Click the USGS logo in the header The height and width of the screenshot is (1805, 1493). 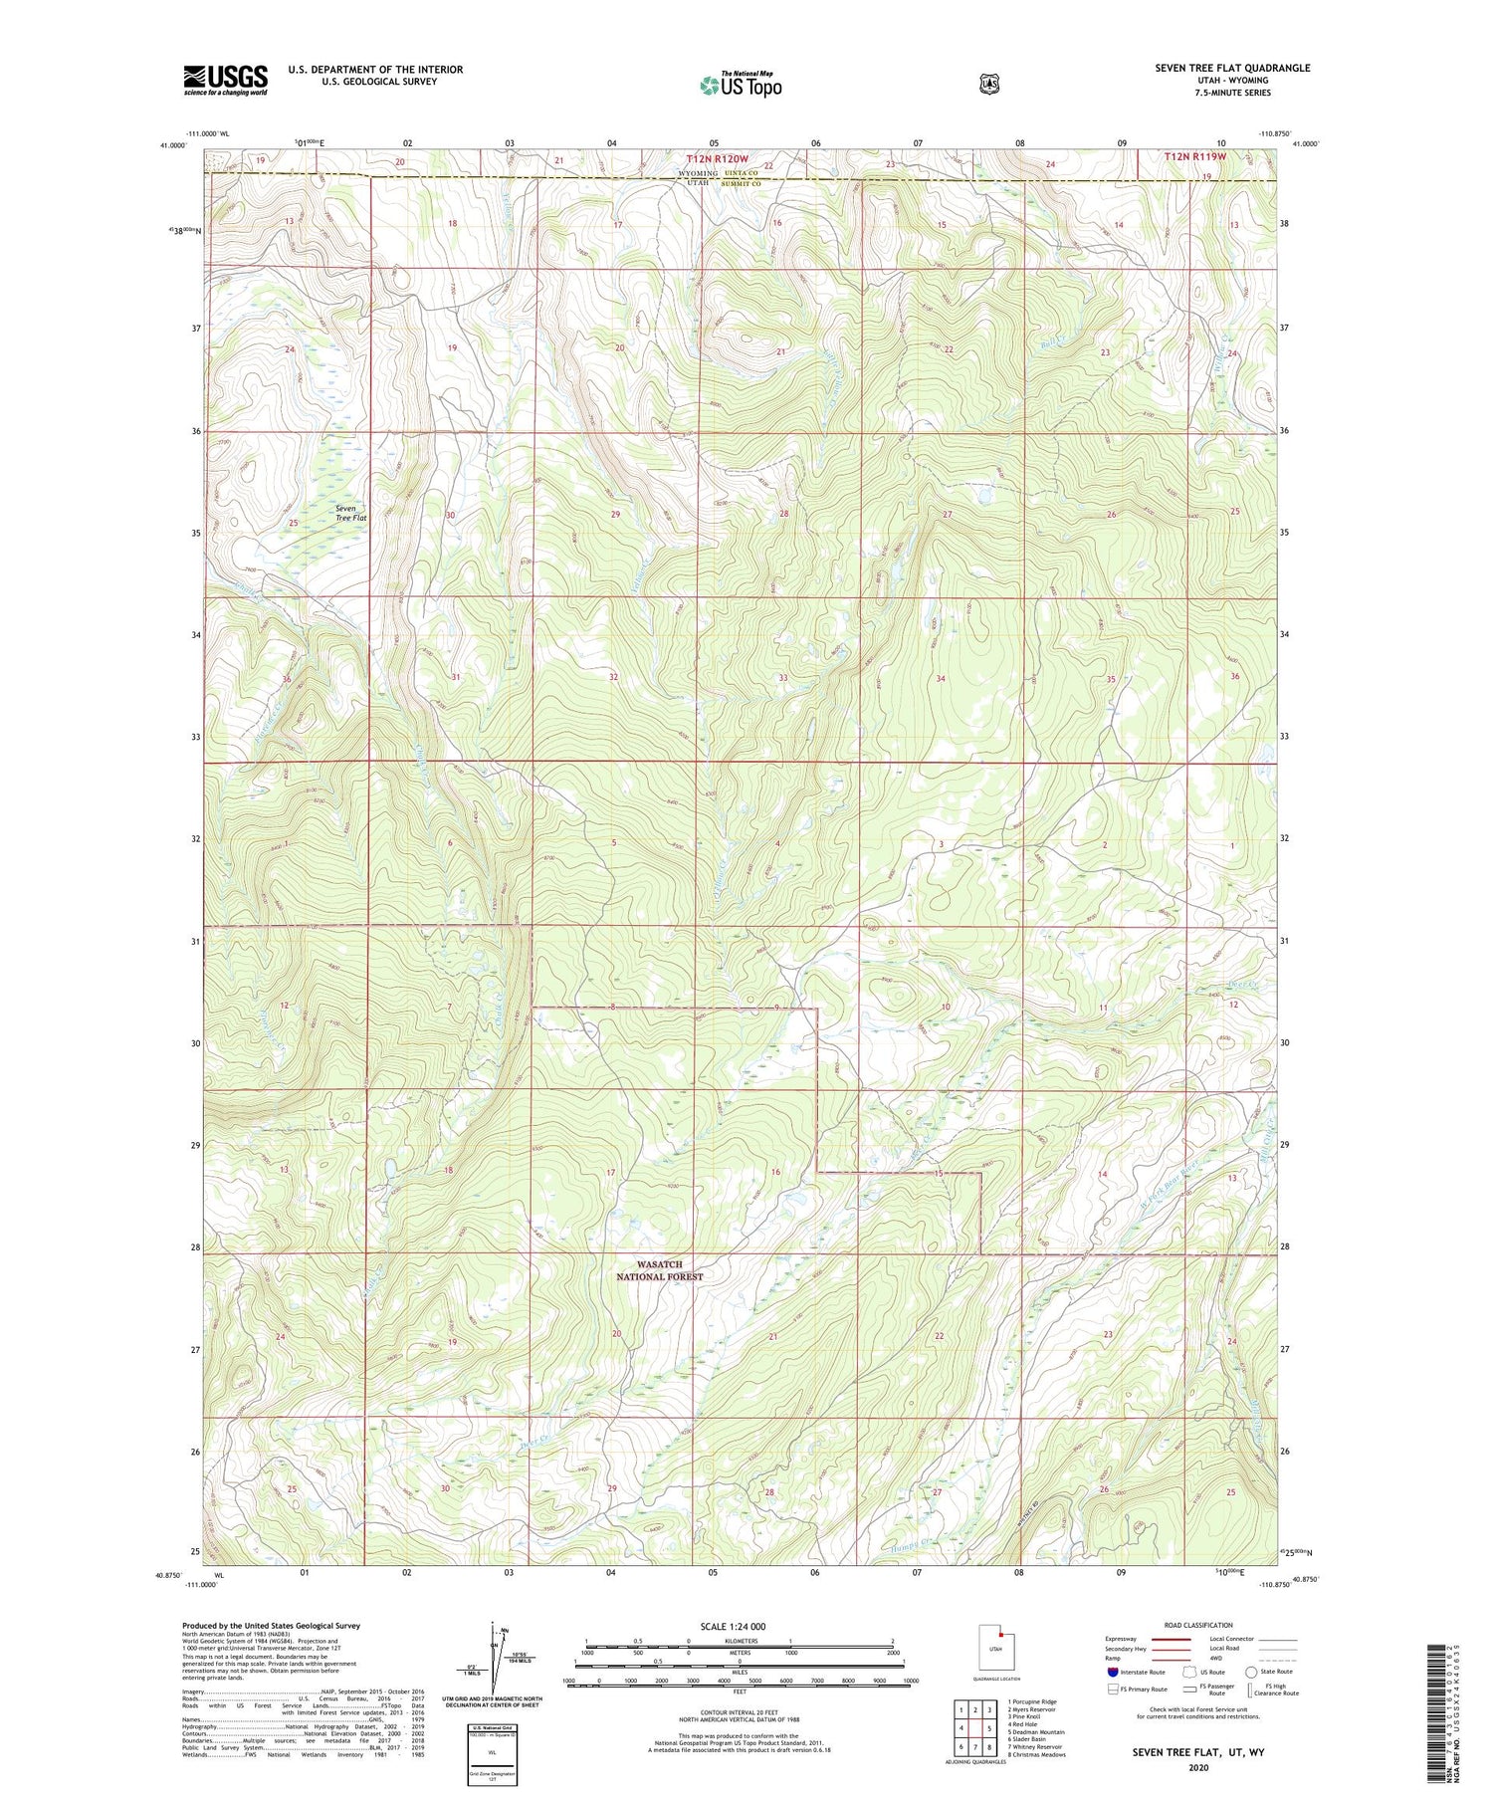coord(225,80)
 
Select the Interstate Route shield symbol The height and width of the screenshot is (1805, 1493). coord(1112,1672)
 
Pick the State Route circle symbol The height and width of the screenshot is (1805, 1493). coord(1250,1672)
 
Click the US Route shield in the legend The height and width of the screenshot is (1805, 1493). coord(1190,1672)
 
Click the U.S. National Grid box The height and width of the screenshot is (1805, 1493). coord(491,1747)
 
